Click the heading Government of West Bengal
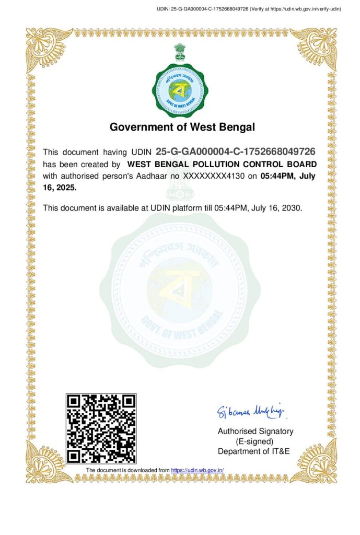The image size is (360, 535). pyautogui.click(x=182, y=127)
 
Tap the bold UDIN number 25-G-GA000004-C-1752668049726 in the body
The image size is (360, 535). pyautogui.click(x=236, y=152)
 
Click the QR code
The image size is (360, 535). pyautogui.click(x=101, y=428)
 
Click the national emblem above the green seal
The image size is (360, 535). pyautogui.click(x=180, y=52)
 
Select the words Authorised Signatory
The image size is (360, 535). pyautogui.click(x=256, y=432)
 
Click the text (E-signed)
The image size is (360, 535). pyautogui.click(x=256, y=441)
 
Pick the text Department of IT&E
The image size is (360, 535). pyautogui.click(x=254, y=451)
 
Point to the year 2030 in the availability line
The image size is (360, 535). pyautogui.click(x=293, y=208)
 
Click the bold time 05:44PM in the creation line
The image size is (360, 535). pyautogui.click(x=280, y=176)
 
